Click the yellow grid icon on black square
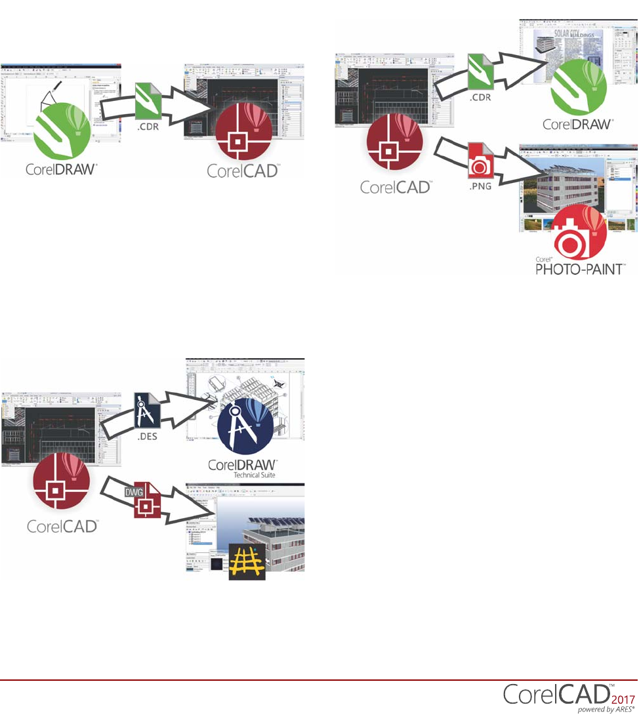(x=247, y=561)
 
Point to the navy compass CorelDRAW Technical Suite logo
(x=245, y=430)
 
